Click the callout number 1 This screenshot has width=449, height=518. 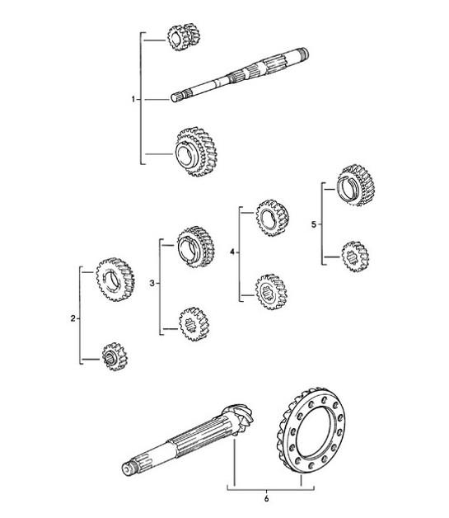(133, 99)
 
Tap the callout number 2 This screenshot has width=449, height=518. (73, 318)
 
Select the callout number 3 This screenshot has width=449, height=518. (152, 284)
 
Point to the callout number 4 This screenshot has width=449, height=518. (233, 252)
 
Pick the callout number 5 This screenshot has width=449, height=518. (311, 223)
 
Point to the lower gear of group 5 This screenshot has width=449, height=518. (354, 257)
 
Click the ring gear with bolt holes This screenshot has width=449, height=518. (314, 430)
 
